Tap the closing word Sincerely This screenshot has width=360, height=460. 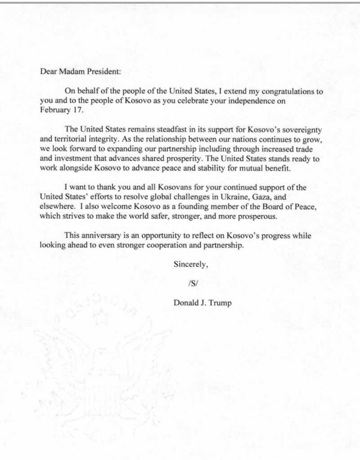[191, 265]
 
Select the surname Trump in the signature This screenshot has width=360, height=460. [220, 303]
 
